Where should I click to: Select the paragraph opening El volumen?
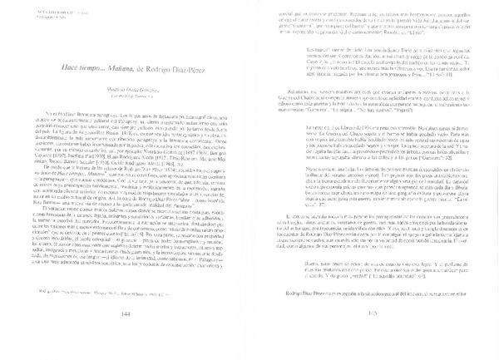click(x=133, y=258)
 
